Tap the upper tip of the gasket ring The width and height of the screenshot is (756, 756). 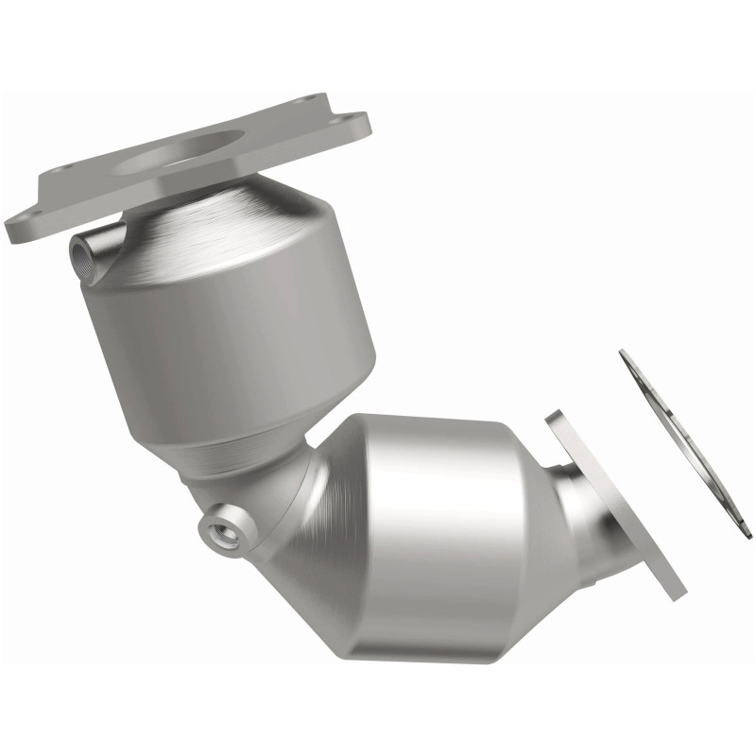click(x=625, y=354)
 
